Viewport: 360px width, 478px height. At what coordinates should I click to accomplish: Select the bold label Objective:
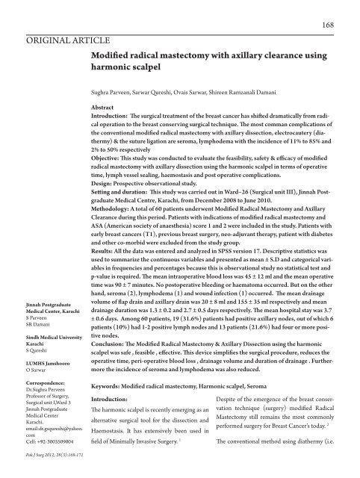point(110,159)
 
